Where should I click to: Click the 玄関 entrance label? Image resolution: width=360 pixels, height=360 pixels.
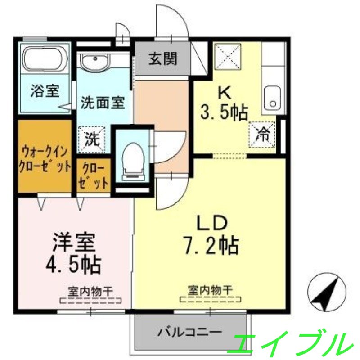point(163,59)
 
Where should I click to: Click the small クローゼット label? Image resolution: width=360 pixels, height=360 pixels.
point(93,177)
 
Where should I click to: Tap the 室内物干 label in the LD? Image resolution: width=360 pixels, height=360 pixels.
point(210,290)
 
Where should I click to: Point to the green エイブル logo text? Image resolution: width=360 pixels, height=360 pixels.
point(290,343)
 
